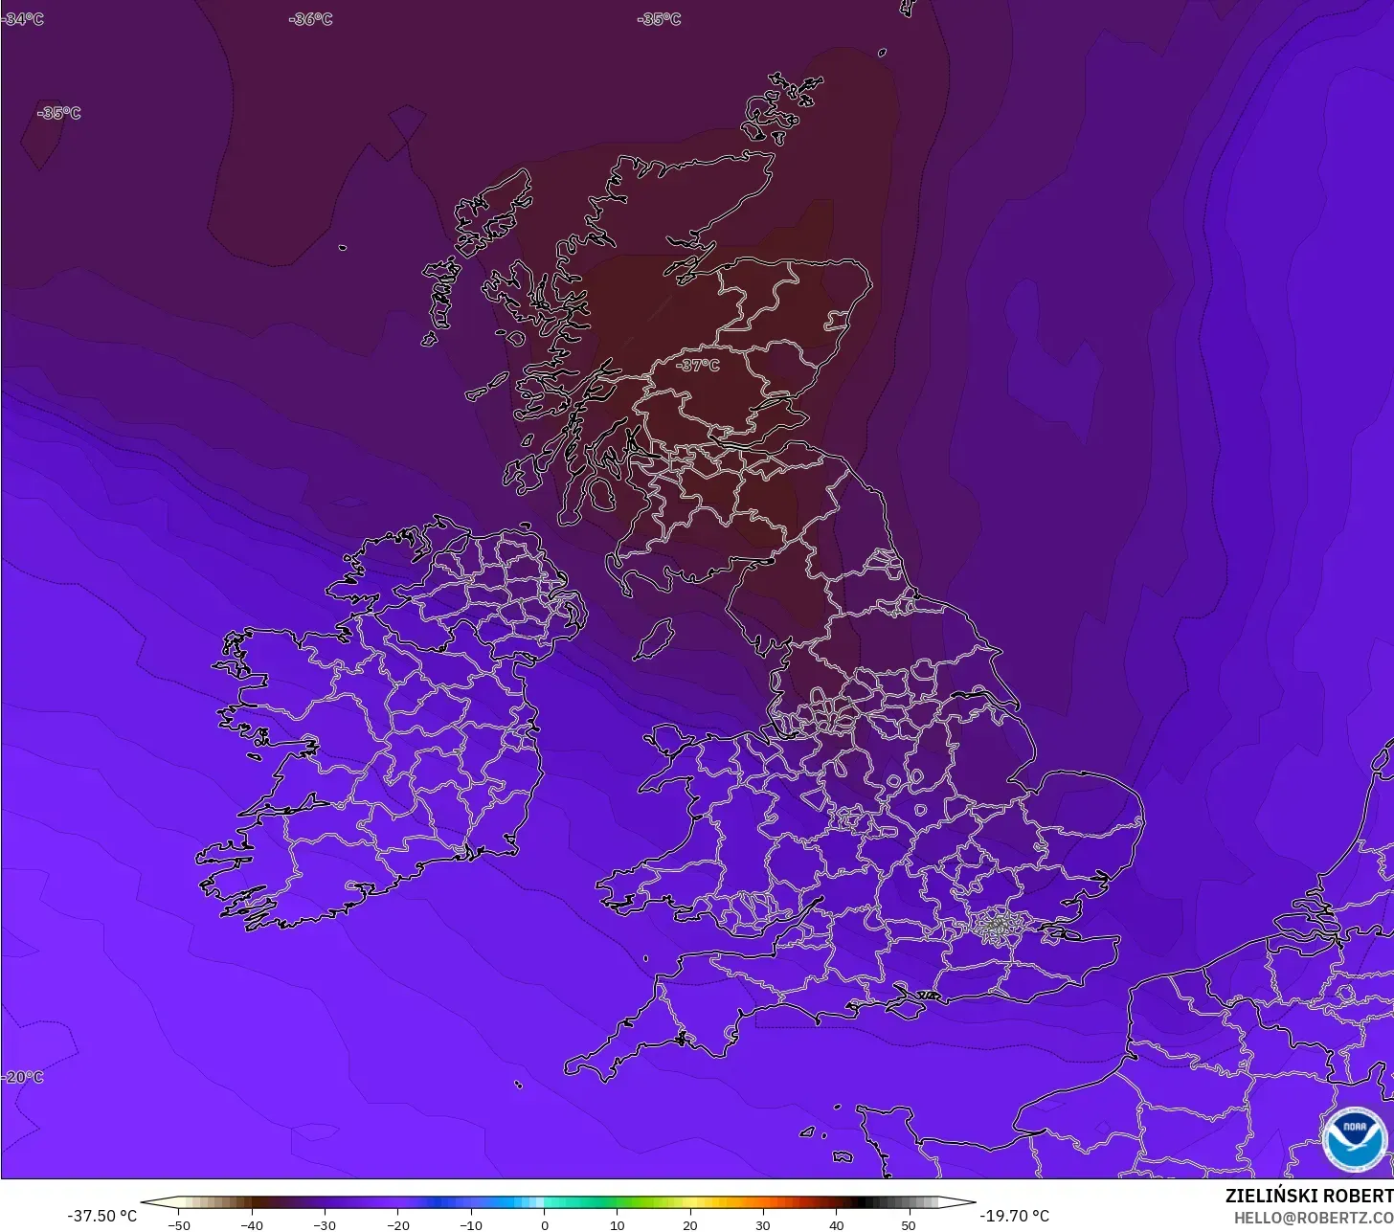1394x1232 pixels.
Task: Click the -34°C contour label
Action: pyautogui.click(x=23, y=19)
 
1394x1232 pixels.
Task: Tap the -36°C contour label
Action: pyautogui.click(x=311, y=19)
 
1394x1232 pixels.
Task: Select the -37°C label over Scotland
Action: pyautogui.click(x=697, y=366)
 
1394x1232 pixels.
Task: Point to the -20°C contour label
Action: pyautogui.click(x=23, y=1077)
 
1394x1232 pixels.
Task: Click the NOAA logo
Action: pyautogui.click(x=1354, y=1139)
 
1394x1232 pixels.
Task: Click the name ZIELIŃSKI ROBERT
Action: pyautogui.click(x=1309, y=1197)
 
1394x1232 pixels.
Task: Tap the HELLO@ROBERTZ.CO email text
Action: pyautogui.click(x=1313, y=1218)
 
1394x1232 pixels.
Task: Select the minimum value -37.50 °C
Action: pyautogui.click(x=102, y=1217)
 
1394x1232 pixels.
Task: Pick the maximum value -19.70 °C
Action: pyautogui.click(x=1015, y=1217)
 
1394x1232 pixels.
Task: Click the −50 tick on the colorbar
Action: pyautogui.click(x=178, y=1225)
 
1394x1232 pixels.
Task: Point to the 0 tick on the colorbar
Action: pyautogui.click(x=544, y=1225)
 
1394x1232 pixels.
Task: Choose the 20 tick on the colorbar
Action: pyautogui.click(x=690, y=1225)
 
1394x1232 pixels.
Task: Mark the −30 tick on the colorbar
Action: pyautogui.click(x=325, y=1225)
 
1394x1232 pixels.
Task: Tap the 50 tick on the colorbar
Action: pyautogui.click(x=909, y=1225)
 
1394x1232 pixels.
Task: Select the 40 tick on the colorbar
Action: pyautogui.click(x=836, y=1225)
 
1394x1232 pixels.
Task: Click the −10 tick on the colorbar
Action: pyautogui.click(x=470, y=1225)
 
